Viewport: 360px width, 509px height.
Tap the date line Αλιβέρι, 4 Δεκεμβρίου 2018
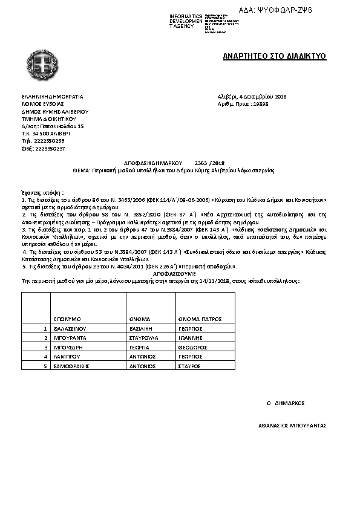point(252,97)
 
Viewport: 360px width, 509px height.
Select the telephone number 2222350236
point(50,140)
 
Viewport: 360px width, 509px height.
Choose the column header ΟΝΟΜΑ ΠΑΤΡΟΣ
point(200,319)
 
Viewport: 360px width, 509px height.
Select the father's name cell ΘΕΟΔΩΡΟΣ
point(194,348)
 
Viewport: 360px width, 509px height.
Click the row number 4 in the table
point(45,357)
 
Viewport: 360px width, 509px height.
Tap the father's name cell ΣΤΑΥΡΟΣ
point(189,366)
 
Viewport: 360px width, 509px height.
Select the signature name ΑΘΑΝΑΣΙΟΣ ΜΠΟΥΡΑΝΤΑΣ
point(292,425)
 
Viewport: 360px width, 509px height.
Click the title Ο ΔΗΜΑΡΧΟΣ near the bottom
point(286,403)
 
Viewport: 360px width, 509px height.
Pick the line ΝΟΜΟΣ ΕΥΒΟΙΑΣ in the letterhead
point(42,104)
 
